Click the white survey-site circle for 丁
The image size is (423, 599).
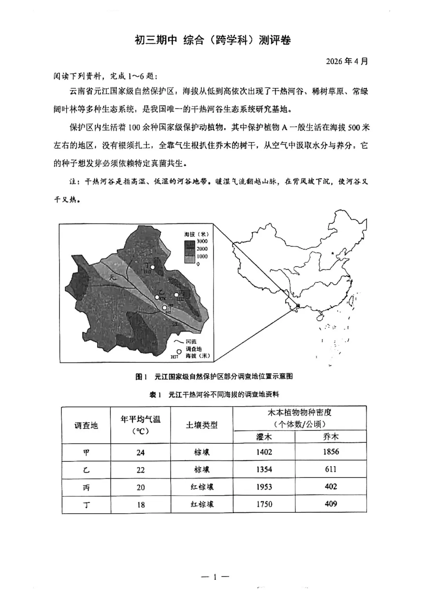click(x=153, y=267)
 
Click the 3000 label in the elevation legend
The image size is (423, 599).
click(x=202, y=241)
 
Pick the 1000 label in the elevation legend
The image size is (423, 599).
click(x=202, y=256)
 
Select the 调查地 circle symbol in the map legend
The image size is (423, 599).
click(x=179, y=352)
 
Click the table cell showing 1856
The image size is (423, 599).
click(x=331, y=452)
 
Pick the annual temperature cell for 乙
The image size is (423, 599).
click(x=141, y=470)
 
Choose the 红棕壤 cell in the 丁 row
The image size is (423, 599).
click(x=202, y=504)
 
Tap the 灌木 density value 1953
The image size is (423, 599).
click(x=264, y=487)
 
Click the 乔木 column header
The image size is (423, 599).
click(x=331, y=437)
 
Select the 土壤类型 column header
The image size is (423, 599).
click(x=202, y=425)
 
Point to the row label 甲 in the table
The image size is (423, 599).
click(x=86, y=452)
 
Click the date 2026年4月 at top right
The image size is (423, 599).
click(x=347, y=62)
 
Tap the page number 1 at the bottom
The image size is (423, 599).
click(x=215, y=577)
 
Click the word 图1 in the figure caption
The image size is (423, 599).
click(x=141, y=376)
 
